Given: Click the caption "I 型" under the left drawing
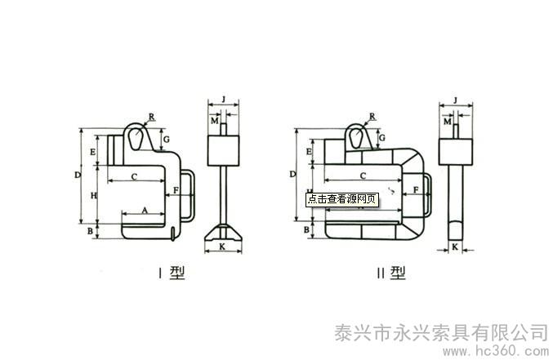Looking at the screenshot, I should click(171, 273).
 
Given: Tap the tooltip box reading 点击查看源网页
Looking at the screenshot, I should click(342, 198).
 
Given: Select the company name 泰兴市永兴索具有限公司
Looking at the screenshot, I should click(441, 332).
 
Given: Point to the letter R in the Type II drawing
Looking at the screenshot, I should click(372, 117).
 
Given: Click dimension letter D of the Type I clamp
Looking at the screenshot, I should click(77, 175).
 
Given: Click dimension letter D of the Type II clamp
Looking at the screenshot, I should click(292, 174).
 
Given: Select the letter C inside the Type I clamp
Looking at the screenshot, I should click(134, 176).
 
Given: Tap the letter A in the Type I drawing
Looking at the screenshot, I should click(145, 210).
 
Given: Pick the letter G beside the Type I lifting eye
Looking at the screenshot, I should click(166, 140).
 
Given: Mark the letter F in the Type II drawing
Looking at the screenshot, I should click(417, 190).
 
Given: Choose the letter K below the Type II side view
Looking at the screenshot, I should click(454, 245).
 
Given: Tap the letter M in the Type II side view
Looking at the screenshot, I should click(447, 122).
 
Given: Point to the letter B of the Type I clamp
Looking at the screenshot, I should click(91, 232).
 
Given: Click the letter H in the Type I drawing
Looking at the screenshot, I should click(93, 195).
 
